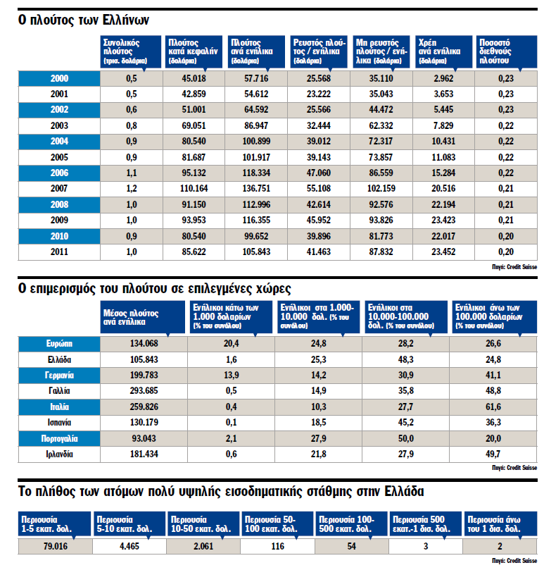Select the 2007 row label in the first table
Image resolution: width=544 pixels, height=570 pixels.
[59, 190]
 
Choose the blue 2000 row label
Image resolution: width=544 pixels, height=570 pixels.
[59, 78]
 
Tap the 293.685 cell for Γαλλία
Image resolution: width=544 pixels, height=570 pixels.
[144, 390]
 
